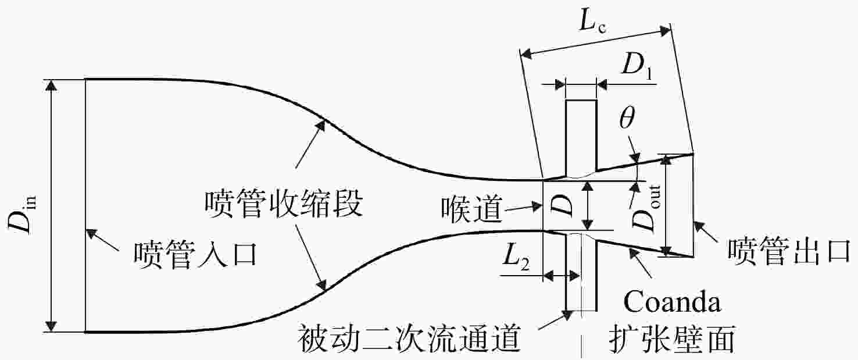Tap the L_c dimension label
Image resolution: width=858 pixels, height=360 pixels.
592,22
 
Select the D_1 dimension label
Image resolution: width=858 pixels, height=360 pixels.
637,65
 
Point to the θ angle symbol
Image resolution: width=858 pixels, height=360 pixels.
627,117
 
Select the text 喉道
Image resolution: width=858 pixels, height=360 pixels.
471,209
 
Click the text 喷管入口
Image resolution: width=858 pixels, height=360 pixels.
195,254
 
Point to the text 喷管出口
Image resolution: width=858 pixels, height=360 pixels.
789,251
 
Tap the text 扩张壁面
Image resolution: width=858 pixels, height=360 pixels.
672,339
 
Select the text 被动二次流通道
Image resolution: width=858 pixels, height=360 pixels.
409,339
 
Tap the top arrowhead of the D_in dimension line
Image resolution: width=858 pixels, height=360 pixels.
51,86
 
